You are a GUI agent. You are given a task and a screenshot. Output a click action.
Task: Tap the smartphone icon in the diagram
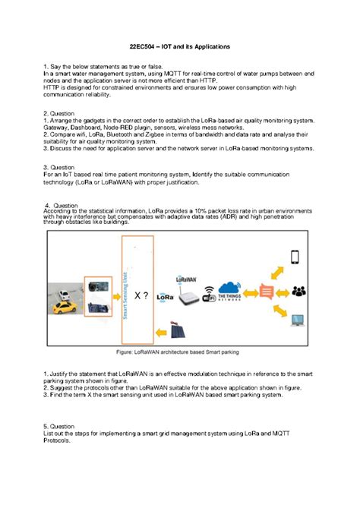(295, 257)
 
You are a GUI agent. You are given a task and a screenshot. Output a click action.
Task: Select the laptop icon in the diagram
(295, 321)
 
